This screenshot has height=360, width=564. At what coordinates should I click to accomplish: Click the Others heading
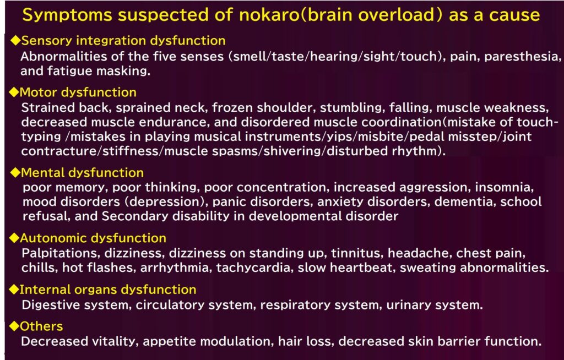(x=41, y=326)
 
